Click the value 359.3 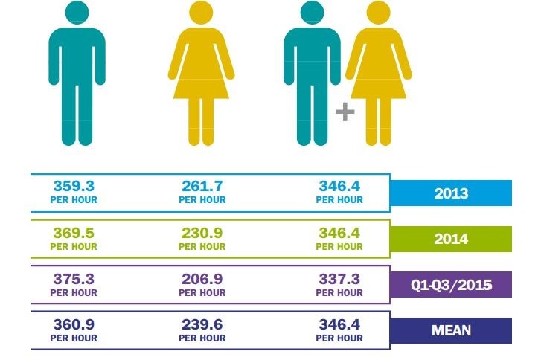74,186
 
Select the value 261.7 202,186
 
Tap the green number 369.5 74,233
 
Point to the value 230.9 202,233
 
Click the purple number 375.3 74,279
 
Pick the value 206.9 202,279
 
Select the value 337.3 340,279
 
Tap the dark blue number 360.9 74,325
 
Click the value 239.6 202,325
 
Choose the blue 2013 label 451,193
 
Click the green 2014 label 451,239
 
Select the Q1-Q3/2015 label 451,285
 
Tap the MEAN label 451,330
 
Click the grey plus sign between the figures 345,112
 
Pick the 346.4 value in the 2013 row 340,186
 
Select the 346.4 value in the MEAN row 340,325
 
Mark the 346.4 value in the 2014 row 340,233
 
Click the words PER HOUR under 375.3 74,292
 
